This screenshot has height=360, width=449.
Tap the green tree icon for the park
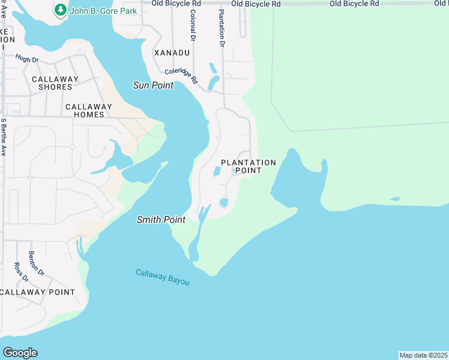(59, 10)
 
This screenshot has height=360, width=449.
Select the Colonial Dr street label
(192, 25)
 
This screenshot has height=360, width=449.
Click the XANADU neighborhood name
(172, 53)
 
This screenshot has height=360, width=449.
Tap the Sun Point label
(153, 85)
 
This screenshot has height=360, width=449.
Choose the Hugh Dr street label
(26, 59)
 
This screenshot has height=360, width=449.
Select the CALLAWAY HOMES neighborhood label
(89, 111)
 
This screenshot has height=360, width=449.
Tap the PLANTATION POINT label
(248, 166)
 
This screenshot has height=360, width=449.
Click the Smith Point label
(161, 220)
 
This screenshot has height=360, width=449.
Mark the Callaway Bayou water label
(162, 277)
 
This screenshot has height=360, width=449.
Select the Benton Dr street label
(37, 263)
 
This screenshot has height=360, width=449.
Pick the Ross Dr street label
(21, 272)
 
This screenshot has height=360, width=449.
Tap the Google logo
(20, 353)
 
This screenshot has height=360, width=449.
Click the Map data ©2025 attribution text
(424, 355)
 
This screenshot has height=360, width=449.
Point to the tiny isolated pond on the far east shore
(394, 199)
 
